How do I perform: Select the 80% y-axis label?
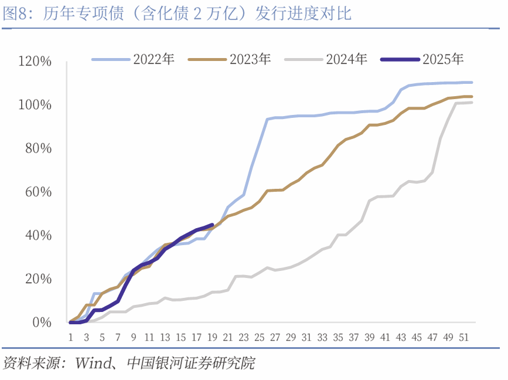[x=38, y=148]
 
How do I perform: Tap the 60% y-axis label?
[x=38, y=192]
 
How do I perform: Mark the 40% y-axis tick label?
[x=38, y=235]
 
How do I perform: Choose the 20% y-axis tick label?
[x=38, y=279]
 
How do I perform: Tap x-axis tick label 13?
[x=165, y=337]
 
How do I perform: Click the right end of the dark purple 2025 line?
[x=212, y=225]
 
